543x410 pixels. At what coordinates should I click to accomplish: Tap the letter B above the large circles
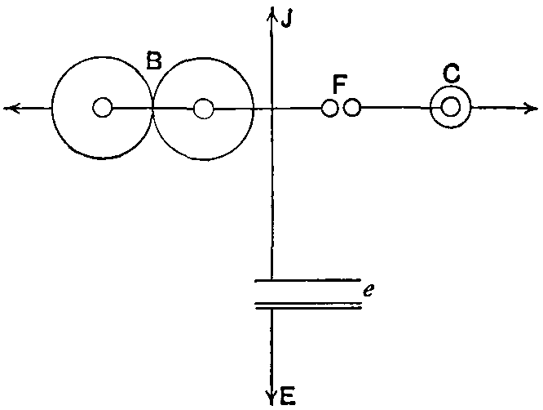click(154, 60)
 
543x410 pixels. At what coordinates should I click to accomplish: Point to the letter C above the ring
click(451, 74)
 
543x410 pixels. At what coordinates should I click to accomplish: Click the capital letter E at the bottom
click(287, 398)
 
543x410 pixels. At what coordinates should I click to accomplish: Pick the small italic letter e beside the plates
click(369, 289)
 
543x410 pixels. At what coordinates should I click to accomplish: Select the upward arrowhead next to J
click(271, 13)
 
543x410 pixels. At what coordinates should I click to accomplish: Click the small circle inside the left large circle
click(102, 108)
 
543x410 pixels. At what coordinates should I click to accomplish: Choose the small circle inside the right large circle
click(204, 108)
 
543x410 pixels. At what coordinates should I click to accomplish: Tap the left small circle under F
click(329, 108)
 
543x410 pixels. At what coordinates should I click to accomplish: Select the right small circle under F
click(352, 108)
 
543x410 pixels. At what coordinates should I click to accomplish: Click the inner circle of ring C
click(450, 108)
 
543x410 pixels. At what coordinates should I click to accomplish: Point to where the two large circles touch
click(153, 108)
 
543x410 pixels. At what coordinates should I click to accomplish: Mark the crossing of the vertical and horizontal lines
click(271, 108)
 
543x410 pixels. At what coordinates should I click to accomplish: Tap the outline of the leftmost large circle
click(52, 108)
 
